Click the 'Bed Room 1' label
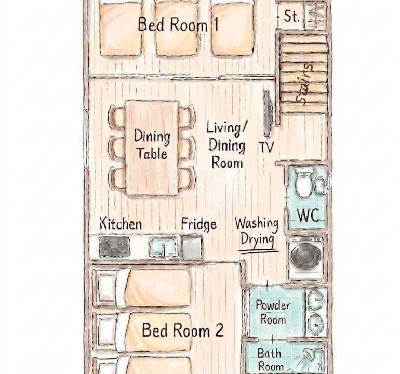(x=178, y=24)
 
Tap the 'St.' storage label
(x=291, y=16)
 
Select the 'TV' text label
(x=266, y=147)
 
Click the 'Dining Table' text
(x=152, y=144)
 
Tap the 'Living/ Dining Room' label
(x=226, y=145)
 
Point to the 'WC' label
(x=308, y=216)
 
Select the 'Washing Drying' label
(x=257, y=233)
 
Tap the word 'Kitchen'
(x=121, y=223)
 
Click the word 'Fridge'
(x=199, y=224)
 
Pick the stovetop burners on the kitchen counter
(x=114, y=246)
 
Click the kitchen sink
(x=163, y=247)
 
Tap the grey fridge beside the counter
(x=192, y=247)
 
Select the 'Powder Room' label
(x=273, y=312)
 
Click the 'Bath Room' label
(x=270, y=359)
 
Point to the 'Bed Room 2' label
(x=183, y=330)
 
